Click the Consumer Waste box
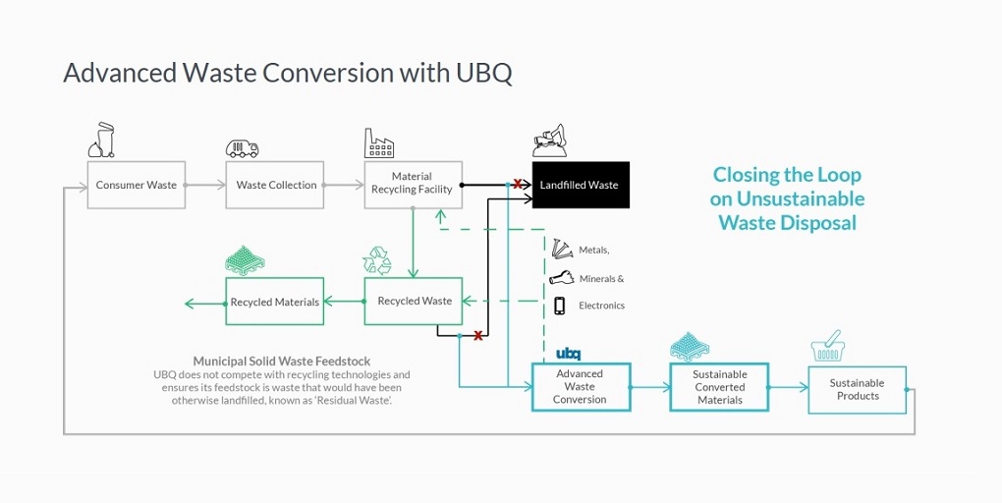click(x=136, y=185)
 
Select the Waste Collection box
click(x=276, y=185)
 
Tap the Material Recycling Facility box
click(x=412, y=184)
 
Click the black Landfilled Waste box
click(x=579, y=185)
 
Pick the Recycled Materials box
click(x=274, y=302)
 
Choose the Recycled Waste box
click(x=414, y=301)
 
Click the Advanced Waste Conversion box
click(x=580, y=387)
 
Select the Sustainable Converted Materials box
click(x=719, y=387)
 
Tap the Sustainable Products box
click(x=857, y=390)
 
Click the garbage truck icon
click(x=242, y=148)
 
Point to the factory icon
click(x=379, y=143)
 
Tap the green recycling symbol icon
click(x=377, y=260)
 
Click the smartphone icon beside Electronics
click(x=560, y=306)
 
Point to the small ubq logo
click(x=568, y=354)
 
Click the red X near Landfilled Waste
click(x=517, y=184)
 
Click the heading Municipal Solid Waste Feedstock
click(x=282, y=362)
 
